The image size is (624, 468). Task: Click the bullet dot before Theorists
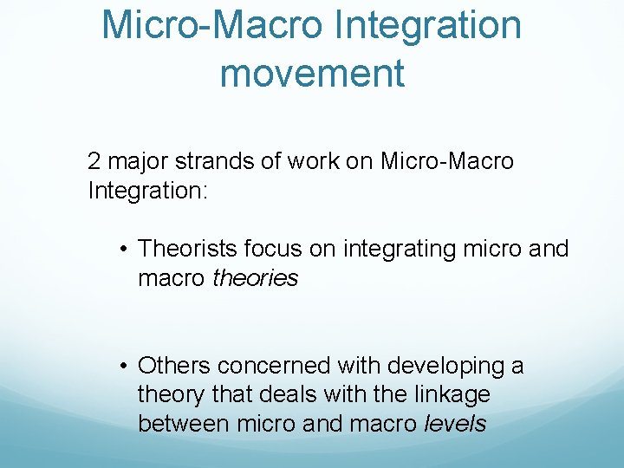click(126, 250)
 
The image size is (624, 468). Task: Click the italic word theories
click(255, 278)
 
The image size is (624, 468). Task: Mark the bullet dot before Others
click(126, 367)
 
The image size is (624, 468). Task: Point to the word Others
click(172, 366)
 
